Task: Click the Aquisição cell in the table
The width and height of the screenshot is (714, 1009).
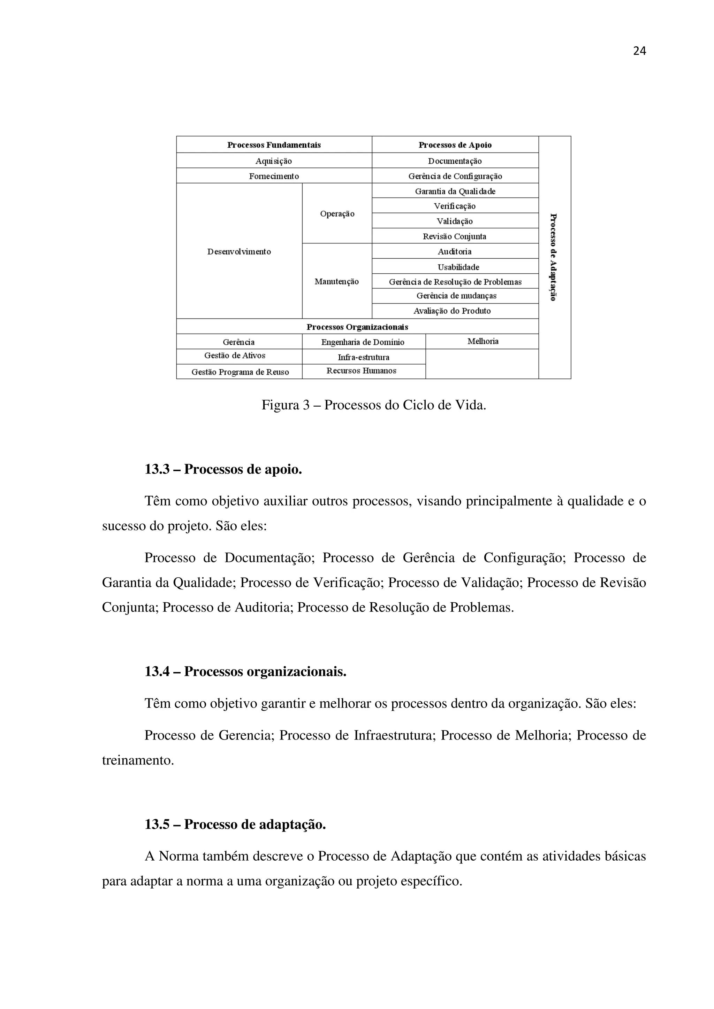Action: tap(274, 161)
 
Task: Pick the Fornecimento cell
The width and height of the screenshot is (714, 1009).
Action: tap(274, 176)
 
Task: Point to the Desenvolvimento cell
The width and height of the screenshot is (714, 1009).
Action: tap(239, 252)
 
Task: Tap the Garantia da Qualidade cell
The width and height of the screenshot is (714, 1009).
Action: tap(455, 191)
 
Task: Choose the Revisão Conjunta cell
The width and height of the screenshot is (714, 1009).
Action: tap(455, 236)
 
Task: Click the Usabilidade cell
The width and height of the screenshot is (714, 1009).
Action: tap(458, 267)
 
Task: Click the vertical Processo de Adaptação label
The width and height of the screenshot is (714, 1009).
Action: tap(554, 257)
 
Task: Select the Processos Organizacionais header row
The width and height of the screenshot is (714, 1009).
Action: tap(357, 327)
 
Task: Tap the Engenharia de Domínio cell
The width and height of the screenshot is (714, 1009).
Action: tap(363, 342)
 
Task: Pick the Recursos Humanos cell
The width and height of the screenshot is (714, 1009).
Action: tap(361, 371)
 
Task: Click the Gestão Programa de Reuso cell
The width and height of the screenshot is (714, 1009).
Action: tap(240, 372)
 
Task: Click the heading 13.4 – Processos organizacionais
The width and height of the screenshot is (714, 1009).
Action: tap(245, 672)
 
